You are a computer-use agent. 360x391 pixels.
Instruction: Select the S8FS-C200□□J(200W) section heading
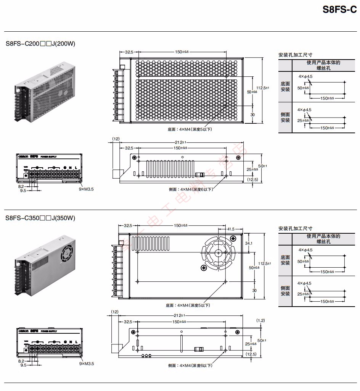pos(40,44)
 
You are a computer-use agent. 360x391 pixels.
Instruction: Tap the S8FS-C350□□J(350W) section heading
pos(40,218)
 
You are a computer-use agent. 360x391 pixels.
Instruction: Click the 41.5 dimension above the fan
pos(230,229)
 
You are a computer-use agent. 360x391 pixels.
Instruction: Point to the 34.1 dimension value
pos(248,243)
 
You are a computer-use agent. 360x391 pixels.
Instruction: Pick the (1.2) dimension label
pos(260,320)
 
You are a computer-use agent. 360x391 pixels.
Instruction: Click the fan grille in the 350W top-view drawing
pos(218,252)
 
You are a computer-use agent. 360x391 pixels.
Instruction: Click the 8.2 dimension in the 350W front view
pos(21,360)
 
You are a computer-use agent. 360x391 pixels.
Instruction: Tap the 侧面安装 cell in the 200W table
pos(285,117)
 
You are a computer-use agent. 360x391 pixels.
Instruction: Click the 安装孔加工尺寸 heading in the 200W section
pos(292,55)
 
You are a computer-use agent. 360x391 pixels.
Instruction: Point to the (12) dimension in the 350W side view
pos(114,312)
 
